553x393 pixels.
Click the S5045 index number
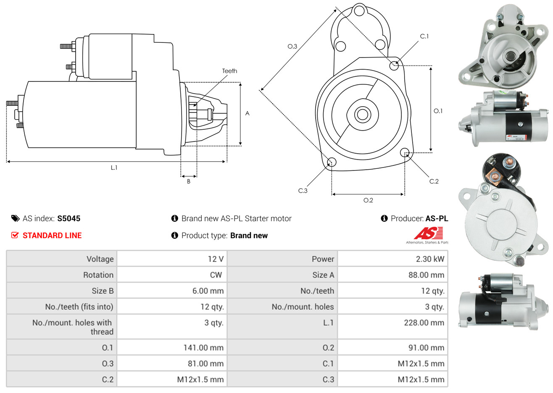(x=68, y=218)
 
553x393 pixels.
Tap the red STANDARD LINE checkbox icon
(x=15, y=235)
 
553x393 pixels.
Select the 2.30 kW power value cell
(x=429, y=259)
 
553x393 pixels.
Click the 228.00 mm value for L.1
(x=424, y=323)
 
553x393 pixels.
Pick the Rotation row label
(x=98, y=275)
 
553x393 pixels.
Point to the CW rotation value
(x=216, y=275)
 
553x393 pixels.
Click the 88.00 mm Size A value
(x=426, y=275)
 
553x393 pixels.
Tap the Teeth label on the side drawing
(x=229, y=71)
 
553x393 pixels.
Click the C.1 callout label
(x=424, y=37)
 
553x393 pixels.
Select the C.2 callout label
(x=434, y=181)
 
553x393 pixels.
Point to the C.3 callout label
(x=303, y=191)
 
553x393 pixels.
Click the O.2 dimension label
(x=368, y=200)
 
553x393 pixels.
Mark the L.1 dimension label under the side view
(x=114, y=168)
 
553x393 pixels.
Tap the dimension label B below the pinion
(x=189, y=181)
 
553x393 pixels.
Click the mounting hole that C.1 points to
(x=394, y=65)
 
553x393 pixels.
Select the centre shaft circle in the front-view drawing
(x=361, y=114)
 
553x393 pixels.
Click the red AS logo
(x=428, y=233)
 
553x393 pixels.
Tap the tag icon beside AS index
(x=15, y=218)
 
